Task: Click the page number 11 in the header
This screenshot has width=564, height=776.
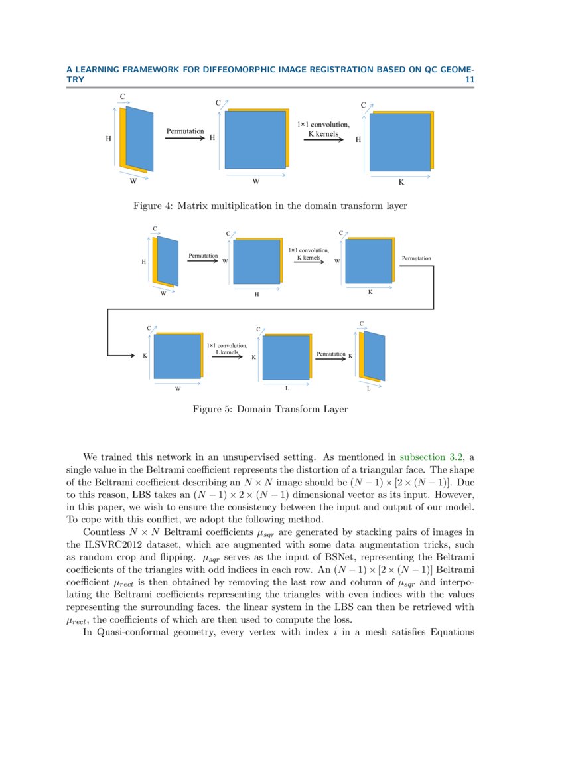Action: [469, 79]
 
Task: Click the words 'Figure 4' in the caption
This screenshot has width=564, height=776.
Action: [152, 206]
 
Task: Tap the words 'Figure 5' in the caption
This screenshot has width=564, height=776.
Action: [211, 409]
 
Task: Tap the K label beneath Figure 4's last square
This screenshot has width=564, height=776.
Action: [401, 181]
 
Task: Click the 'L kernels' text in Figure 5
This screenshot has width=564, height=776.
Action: [227, 352]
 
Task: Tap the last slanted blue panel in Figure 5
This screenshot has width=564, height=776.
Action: [375, 356]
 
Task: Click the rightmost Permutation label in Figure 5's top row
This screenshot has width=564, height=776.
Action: [416, 258]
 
